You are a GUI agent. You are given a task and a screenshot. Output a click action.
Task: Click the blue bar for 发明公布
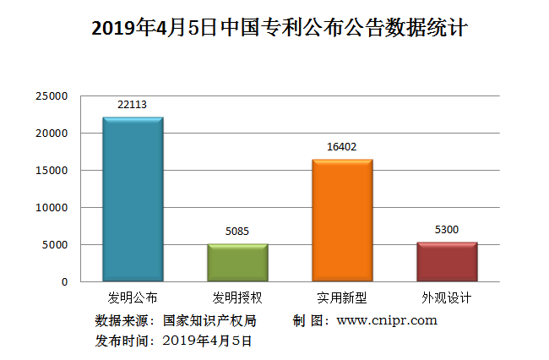pos(133,199)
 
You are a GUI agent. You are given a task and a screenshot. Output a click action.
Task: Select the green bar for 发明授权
pos(237,263)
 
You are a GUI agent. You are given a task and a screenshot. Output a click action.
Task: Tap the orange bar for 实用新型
pos(342,221)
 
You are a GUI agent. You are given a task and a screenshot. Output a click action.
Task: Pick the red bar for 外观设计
pos(447,262)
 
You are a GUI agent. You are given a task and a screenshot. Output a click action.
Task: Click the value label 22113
pos(133,105)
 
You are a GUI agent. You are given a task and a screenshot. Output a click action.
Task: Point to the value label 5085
pos(237,231)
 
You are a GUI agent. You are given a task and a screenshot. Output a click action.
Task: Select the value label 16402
pos(342,147)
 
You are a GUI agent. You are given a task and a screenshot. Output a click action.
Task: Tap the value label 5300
pos(447,230)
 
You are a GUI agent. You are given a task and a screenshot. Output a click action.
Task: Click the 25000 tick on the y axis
pos(52,96)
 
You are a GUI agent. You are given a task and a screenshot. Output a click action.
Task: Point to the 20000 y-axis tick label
pos(52,134)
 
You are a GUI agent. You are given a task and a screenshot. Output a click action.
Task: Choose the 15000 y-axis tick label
pos(52,171)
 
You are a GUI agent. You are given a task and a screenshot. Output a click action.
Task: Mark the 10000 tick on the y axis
pos(52,208)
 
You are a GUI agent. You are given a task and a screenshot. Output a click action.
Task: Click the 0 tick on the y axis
pos(64,281)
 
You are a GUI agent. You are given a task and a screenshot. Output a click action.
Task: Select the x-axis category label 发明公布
pos(133,298)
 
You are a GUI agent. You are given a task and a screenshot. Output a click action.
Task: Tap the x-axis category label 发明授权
pos(237,298)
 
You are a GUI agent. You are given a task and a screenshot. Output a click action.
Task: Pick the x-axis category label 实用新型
pos(342,298)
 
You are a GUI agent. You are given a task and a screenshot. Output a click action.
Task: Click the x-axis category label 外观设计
pos(447,298)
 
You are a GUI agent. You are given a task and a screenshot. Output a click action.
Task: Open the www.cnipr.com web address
pos(387,320)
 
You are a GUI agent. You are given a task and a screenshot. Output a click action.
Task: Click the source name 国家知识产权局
pos(209,321)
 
